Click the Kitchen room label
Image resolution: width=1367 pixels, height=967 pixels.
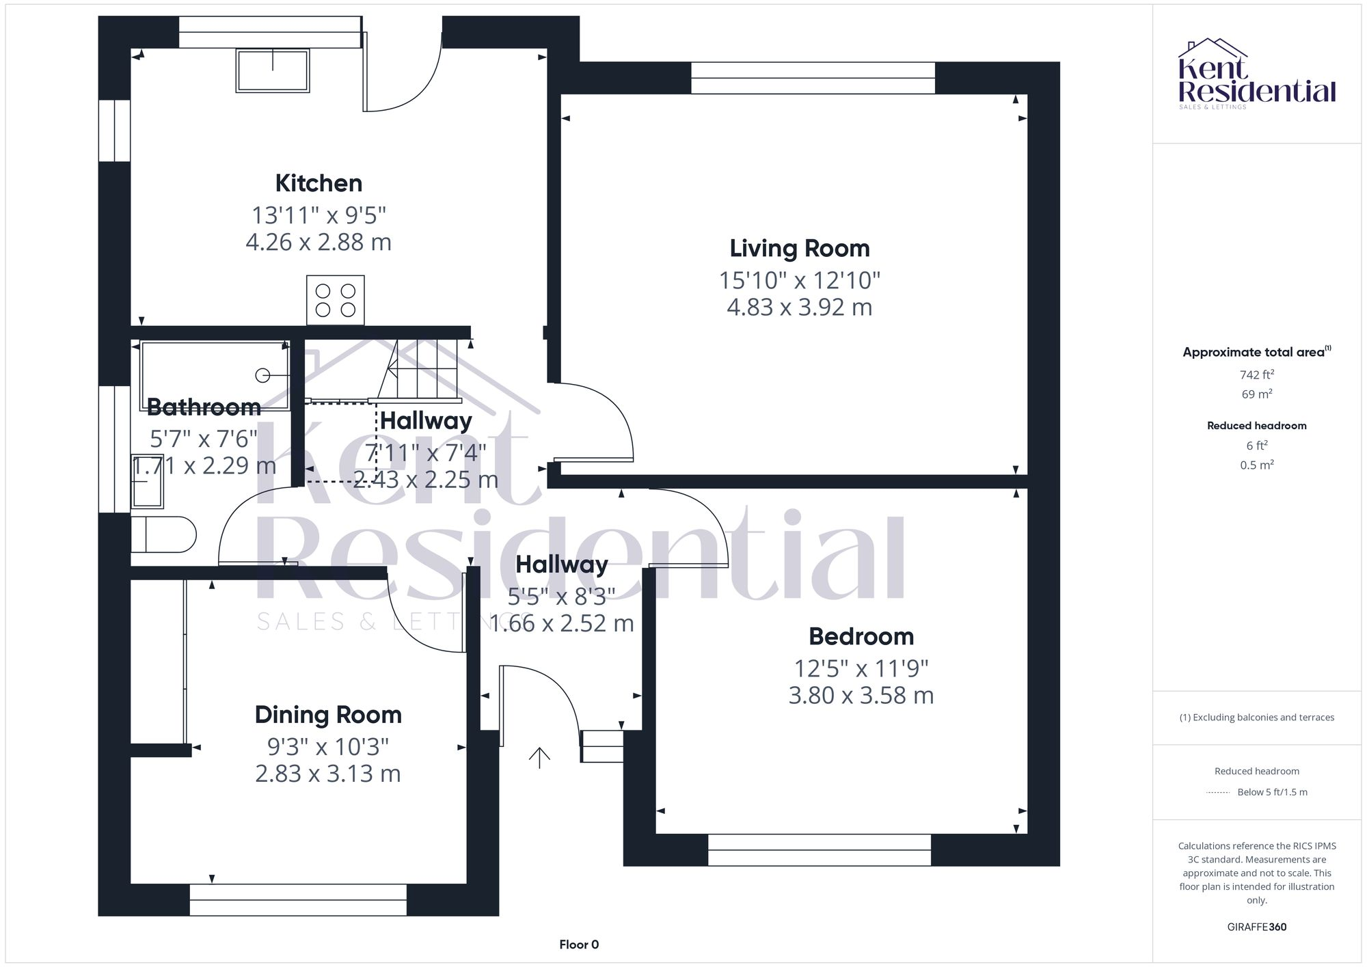coord(319,183)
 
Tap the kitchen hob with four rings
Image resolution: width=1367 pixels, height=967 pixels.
coord(335,300)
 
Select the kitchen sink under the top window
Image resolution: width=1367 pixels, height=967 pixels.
coord(273,70)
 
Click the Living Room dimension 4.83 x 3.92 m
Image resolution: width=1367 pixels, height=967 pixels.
coord(799,308)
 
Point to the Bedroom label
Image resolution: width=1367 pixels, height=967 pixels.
coord(861,636)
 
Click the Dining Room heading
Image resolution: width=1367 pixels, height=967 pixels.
coord(328,715)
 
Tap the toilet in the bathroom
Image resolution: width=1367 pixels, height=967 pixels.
coord(163,534)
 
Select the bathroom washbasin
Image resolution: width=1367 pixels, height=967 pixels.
coord(148,481)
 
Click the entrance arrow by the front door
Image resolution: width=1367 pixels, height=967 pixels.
coord(539,757)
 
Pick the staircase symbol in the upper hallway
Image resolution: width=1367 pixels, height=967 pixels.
coord(420,372)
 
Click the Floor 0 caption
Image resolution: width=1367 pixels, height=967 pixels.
coord(579,944)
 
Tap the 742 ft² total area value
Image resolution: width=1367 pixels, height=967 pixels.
coord(1256,374)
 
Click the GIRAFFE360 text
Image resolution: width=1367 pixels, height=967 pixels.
coord(1256,927)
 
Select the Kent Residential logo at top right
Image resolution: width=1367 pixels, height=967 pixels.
coord(1256,74)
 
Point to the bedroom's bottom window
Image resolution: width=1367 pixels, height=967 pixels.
coord(819,849)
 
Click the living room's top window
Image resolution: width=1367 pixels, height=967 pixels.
coord(813,78)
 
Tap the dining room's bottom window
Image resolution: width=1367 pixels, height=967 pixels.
coord(298,899)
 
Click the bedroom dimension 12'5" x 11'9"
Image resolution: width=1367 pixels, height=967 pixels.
coord(861,668)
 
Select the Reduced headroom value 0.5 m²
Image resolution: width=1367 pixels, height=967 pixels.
coord(1256,465)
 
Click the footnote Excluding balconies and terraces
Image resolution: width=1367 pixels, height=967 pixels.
coord(1256,718)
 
